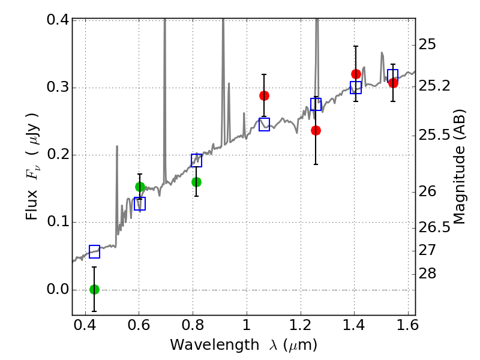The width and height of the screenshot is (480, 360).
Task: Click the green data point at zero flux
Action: (x=95, y=289)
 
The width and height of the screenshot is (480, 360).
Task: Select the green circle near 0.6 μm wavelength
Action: (x=140, y=187)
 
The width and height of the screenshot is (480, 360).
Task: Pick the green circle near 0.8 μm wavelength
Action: (x=196, y=182)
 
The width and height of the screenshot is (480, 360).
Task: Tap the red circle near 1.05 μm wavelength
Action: (x=264, y=96)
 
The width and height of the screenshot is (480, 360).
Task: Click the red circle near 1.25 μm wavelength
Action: (x=316, y=131)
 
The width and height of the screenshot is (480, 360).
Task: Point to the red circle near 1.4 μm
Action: (x=356, y=74)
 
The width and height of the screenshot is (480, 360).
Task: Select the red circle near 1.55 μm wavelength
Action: (x=393, y=83)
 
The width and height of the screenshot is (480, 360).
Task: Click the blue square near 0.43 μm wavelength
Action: (x=95, y=251)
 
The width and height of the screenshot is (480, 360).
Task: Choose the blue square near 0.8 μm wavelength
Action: (x=196, y=160)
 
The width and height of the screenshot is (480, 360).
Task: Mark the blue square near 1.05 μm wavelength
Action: (x=264, y=124)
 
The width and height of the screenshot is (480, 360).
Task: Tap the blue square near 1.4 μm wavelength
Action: (x=356, y=88)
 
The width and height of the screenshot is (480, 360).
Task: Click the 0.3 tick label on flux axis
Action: (x=58, y=87)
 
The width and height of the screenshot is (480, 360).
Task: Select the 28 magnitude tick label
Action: (x=427, y=274)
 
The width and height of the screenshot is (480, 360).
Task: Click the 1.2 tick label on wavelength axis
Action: (x=301, y=325)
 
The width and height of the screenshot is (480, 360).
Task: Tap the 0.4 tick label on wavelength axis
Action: (x=85, y=325)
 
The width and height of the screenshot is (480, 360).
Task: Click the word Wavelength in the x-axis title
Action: (x=215, y=344)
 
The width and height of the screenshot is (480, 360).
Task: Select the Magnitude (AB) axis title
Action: (x=458, y=167)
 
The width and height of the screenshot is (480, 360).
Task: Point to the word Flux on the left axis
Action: (x=31, y=205)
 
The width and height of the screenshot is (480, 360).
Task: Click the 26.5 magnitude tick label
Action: (x=434, y=227)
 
